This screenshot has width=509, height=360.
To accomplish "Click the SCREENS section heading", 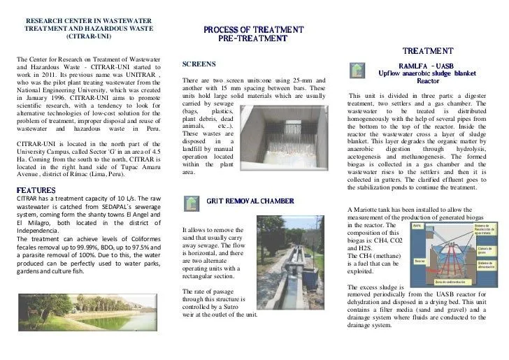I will [199, 64].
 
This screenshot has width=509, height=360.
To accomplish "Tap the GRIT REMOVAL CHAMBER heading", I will [250, 201].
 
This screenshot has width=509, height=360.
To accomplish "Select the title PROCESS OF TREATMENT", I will [253, 29].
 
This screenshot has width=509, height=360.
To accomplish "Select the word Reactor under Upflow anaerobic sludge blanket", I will [428, 81].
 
